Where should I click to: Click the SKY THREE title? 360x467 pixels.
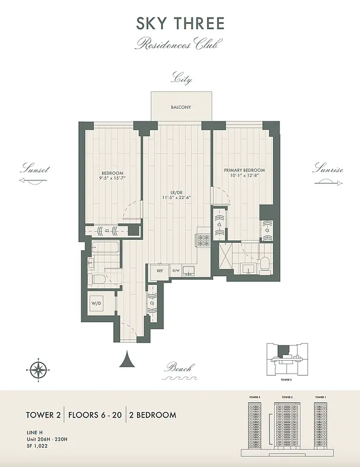click(x=180, y=23)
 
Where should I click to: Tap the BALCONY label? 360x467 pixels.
click(x=180, y=107)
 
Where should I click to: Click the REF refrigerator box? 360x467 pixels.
click(x=159, y=271)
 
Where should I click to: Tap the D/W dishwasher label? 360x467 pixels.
click(x=176, y=271)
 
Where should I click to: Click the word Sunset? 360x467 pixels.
click(x=34, y=169)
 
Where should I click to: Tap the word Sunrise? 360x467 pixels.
click(x=327, y=169)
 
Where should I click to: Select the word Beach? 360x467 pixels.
click(x=178, y=368)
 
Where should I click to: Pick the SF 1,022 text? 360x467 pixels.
click(x=36, y=445)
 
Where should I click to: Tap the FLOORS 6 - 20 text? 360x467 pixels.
click(x=95, y=415)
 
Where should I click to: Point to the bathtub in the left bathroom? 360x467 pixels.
click(x=106, y=250)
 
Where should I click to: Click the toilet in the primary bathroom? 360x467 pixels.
click(x=264, y=264)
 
